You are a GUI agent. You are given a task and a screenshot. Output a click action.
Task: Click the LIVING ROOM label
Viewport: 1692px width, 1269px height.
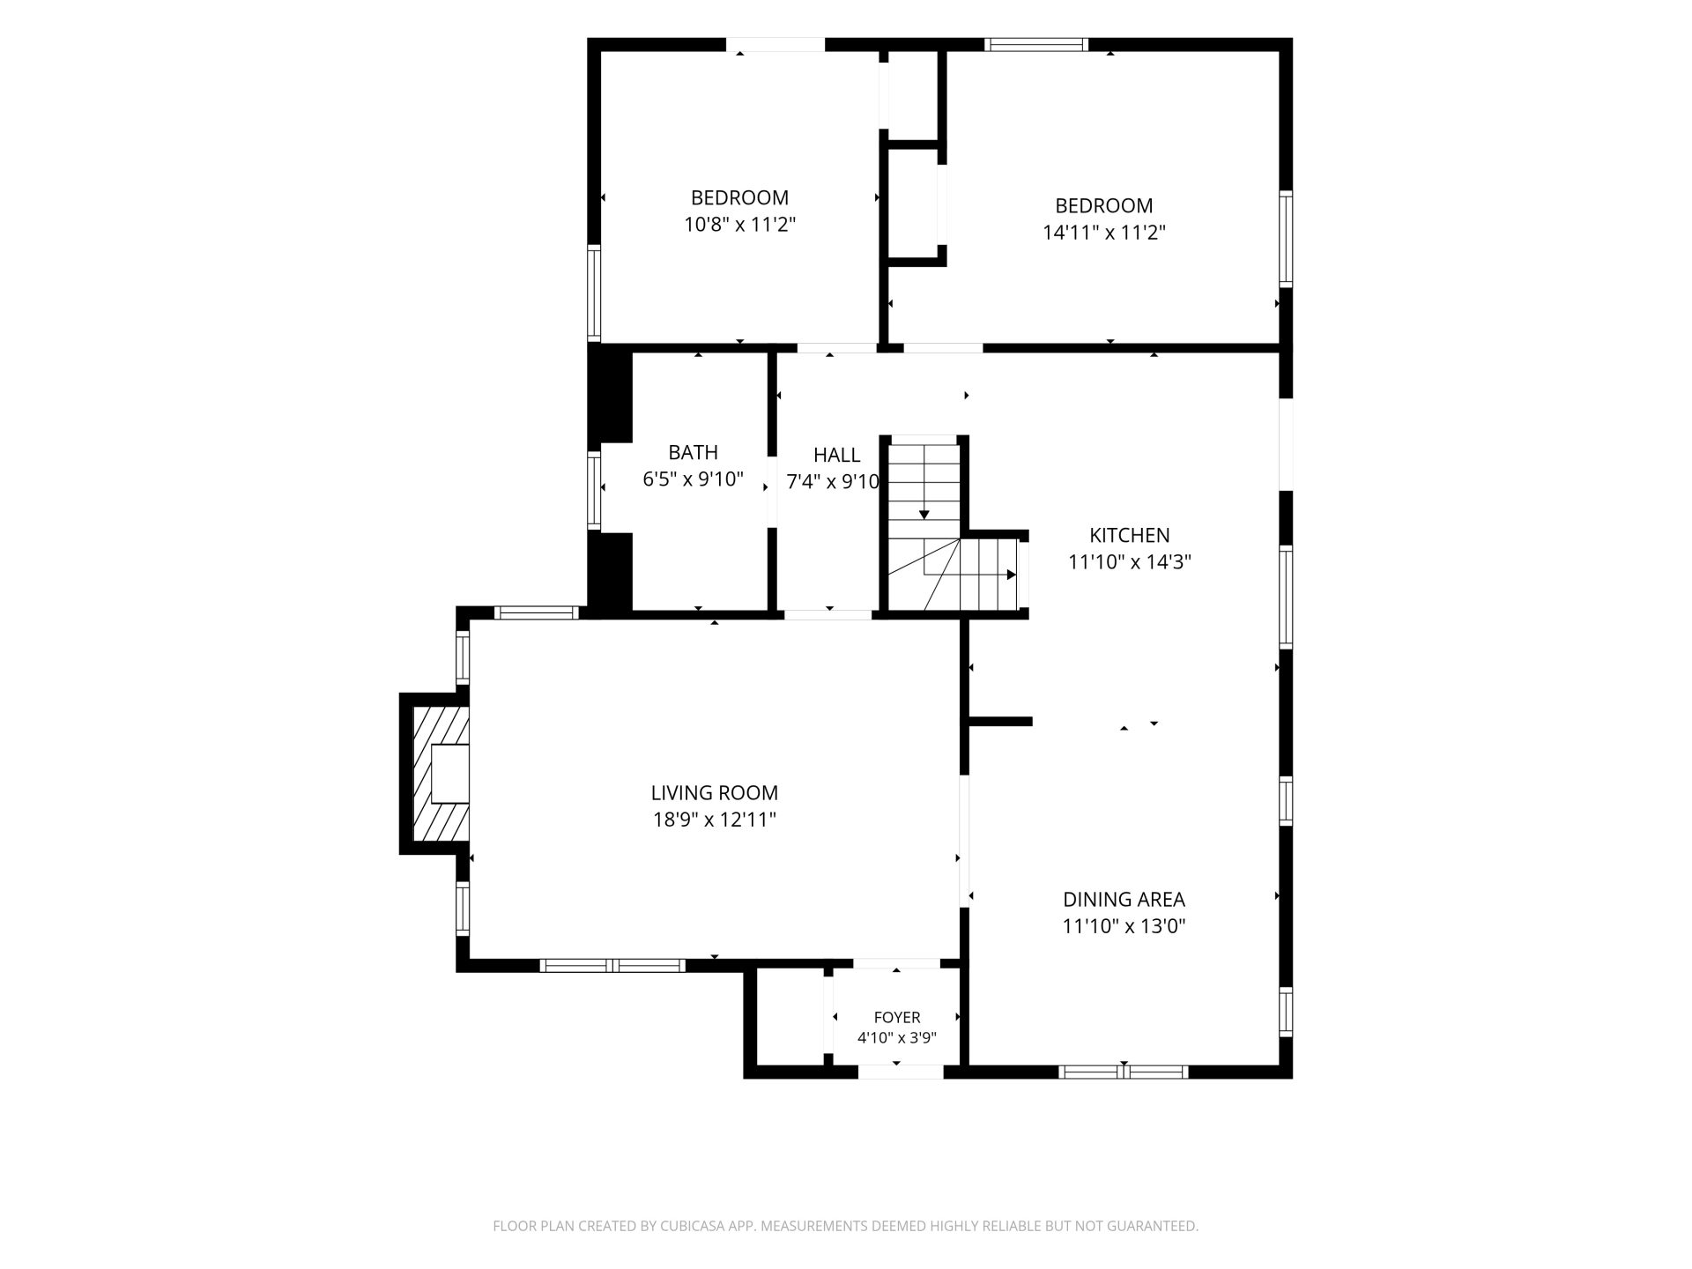[x=715, y=793]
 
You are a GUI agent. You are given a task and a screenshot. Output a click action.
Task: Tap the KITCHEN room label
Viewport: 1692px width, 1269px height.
[x=1130, y=535]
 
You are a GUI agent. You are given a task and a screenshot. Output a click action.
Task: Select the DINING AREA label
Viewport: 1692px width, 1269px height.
[x=1124, y=900]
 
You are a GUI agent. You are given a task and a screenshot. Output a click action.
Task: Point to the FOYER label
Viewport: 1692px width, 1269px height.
[x=897, y=1018]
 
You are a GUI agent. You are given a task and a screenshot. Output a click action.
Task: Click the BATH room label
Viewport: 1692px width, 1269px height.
[x=693, y=452]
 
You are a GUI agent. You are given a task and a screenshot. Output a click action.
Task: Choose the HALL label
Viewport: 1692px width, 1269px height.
[x=836, y=455]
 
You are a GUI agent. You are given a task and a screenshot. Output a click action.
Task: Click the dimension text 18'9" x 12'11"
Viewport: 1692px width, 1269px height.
[x=715, y=820]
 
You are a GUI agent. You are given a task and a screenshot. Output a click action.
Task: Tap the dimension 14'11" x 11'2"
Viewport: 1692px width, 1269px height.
[x=1104, y=233]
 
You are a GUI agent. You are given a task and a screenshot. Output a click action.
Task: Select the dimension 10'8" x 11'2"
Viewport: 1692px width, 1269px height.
[x=740, y=225]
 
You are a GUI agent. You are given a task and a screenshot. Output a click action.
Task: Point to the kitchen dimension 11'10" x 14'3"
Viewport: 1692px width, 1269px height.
[x=1130, y=562]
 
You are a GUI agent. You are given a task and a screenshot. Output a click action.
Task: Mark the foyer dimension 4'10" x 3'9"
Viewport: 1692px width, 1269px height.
[x=897, y=1038]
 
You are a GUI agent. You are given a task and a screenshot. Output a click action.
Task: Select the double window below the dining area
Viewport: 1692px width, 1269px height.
[x=1124, y=1072]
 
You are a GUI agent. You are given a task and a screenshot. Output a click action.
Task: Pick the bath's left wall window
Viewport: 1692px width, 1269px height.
[x=595, y=490]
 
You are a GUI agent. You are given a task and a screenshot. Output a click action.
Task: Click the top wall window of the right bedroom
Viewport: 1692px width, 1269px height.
[x=1036, y=45]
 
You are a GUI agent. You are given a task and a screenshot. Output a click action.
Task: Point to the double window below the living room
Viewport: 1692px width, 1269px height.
[x=612, y=965]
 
